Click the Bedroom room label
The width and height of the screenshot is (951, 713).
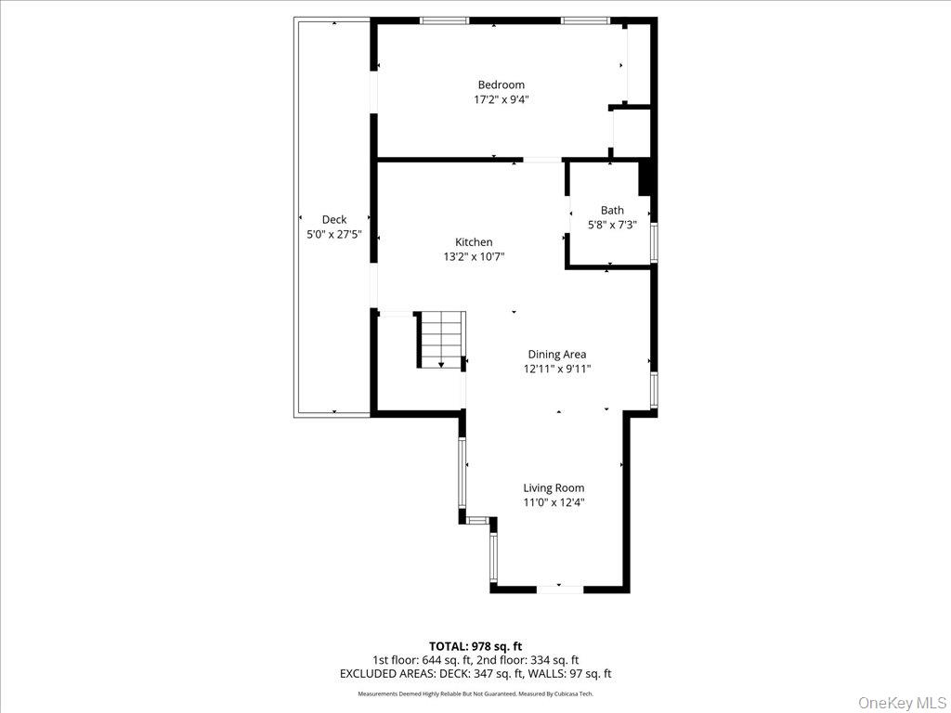tap(501, 84)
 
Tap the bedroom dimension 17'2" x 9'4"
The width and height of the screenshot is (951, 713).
tap(501, 98)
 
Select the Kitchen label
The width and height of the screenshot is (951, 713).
tap(474, 242)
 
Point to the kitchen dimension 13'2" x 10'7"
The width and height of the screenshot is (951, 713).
tap(474, 256)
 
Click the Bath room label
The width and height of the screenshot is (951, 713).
tap(612, 210)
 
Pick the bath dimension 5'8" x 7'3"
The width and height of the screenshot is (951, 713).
tap(612, 224)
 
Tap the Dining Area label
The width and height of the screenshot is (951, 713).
tap(556, 354)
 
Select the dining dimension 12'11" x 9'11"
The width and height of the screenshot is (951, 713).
tap(556, 368)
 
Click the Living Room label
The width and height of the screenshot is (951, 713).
tap(554, 487)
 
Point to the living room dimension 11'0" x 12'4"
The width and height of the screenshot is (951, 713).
tap(554, 502)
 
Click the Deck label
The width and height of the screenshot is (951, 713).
tap(334, 220)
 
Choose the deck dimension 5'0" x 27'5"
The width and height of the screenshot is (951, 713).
tap(334, 235)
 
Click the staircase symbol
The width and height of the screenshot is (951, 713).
tap(441, 340)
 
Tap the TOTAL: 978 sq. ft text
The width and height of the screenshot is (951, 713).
tap(475, 645)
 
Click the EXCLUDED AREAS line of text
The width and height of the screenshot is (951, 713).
tap(475, 674)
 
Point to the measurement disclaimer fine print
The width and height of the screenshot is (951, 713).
tap(475, 694)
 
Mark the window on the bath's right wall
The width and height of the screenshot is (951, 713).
tap(654, 242)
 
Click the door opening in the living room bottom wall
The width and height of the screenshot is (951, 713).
tap(560, 588)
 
